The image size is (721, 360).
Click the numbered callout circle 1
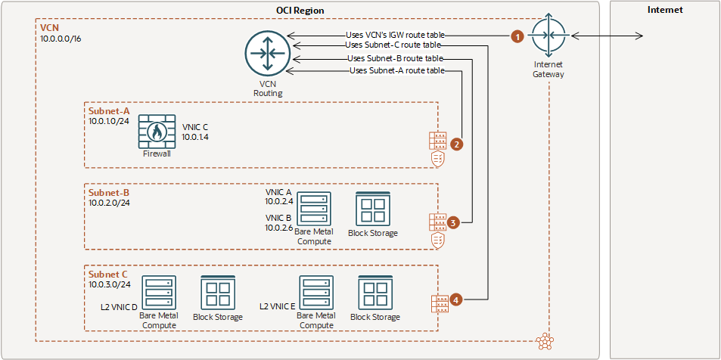pos(517,36)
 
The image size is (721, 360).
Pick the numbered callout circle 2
pos(456,142)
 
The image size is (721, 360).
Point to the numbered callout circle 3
pos(453,222)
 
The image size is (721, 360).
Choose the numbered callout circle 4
pos(456,300)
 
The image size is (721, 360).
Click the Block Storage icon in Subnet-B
pos(372,209)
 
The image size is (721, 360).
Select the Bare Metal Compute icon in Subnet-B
pos(313,208)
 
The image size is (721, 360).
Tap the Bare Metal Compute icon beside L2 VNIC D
pos(158,293)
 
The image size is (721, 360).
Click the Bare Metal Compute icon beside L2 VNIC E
pos(316,293)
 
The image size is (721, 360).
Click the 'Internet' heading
pos(665,10)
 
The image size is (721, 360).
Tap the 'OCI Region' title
pos(301,10)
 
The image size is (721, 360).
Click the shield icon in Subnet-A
pos(437,158)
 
